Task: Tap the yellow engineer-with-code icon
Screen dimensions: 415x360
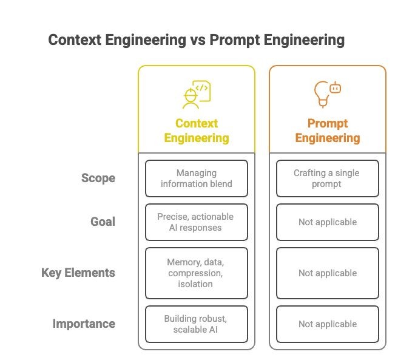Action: coord(197,95)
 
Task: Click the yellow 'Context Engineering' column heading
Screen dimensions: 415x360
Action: coord(197,131)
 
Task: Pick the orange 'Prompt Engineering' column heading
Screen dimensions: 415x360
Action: coord(328,131)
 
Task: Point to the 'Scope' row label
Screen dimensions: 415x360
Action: coord(98,178)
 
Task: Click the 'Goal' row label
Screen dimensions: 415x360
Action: coord(103,222)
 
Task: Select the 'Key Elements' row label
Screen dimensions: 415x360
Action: coord(78,273)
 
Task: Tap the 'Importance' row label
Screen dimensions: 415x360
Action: coord(84,324)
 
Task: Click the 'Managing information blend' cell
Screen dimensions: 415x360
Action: coord(197,178)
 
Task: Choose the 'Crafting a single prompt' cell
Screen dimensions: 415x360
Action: coord(328,178)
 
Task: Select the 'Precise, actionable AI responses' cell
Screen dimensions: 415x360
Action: coord(197,222)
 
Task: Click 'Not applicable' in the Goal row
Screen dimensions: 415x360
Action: coord(328,222)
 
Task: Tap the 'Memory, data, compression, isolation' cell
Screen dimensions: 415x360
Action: coord(197,273)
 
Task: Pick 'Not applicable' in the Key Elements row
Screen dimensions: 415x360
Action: coord(328,273)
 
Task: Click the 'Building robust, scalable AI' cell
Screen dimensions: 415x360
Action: coord(197,324)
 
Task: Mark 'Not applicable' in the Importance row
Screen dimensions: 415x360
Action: coord(328,324)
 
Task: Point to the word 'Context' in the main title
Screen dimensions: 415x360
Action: coord(75,40)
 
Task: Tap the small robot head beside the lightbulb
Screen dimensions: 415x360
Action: coord(336,87)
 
